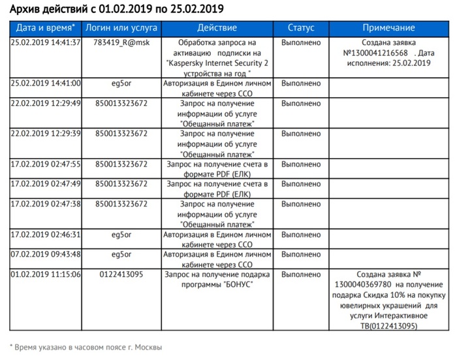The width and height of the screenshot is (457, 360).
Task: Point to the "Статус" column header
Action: [x=301, y=28]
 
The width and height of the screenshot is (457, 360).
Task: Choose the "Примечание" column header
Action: [x=389, y=28]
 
